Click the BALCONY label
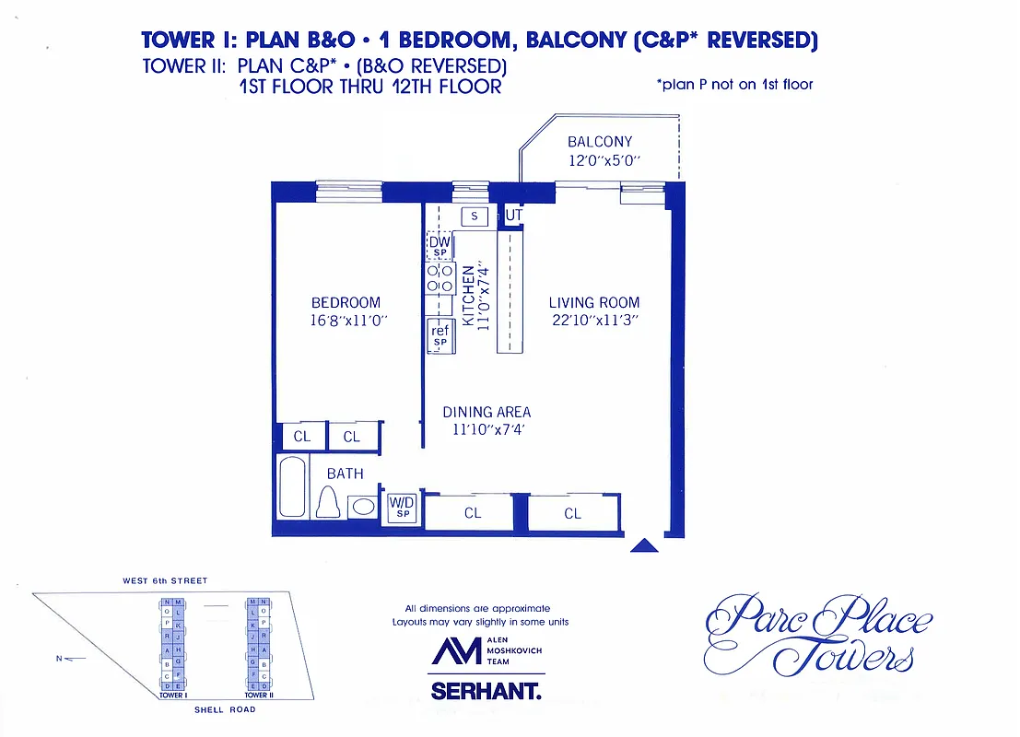(600, 142)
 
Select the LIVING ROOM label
(593, 302)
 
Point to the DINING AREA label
(487, 412)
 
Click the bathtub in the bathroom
(294, 486)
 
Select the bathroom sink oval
(362, 506)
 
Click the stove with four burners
(440, 278)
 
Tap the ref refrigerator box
(440, 335)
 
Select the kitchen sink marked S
(474, 216)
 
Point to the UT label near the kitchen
(514, 216)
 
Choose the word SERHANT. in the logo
(486, 691)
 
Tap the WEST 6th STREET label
(165, 581)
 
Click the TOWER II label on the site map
(258, 696)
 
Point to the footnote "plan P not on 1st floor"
(734, 85)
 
